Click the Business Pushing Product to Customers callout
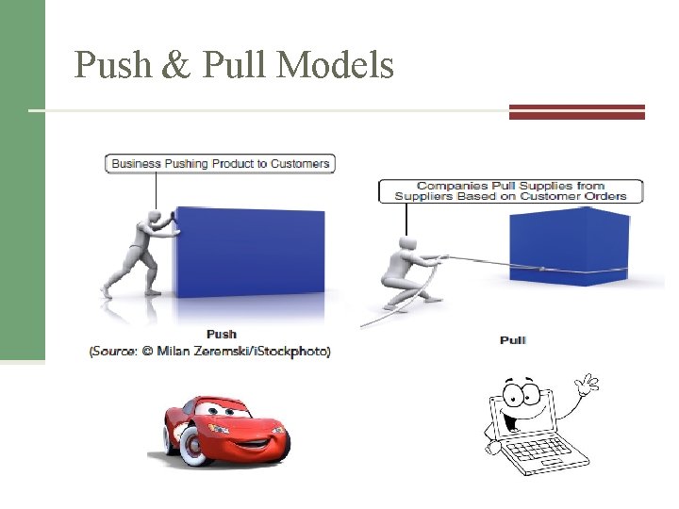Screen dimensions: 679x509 (221, 164)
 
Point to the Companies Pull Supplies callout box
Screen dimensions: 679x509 (510, 190)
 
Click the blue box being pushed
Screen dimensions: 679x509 (249, 251)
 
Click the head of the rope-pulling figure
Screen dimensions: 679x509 (408, 246)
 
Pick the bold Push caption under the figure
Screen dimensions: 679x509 (222, 334)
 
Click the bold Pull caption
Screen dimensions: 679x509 (513, 339)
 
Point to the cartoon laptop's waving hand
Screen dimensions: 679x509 (588, 385)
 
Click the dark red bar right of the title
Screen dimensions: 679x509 (576, 111)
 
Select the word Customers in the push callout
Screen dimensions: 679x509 (300, 164)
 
